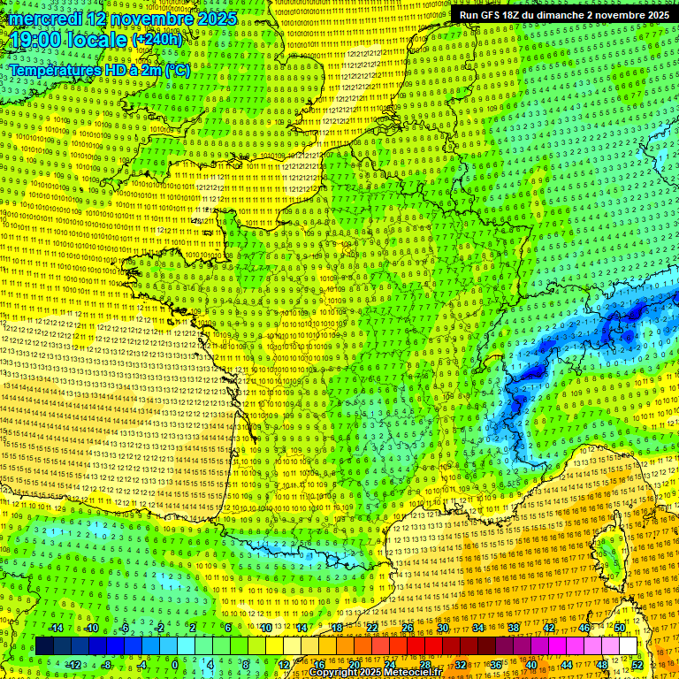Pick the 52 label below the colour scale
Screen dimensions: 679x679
(637, 665)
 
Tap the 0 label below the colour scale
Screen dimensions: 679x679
(175, 665)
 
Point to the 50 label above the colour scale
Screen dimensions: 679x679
(619, 628)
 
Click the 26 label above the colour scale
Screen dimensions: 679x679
(408, 628)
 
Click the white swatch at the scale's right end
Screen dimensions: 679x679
(628, 646)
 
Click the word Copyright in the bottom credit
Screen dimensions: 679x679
(332, 673)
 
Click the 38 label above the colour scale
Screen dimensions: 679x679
(514, 628)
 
